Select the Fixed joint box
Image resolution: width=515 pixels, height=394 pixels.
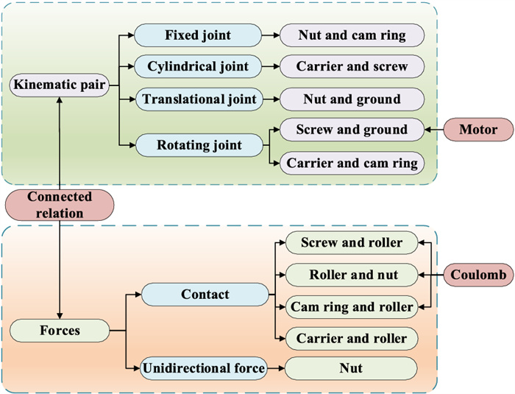coord(198,35)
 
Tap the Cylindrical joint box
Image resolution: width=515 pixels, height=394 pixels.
coord(198,66)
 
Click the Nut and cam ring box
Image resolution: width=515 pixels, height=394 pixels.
coord(351,35)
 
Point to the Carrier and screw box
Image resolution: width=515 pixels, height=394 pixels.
coord(351,66)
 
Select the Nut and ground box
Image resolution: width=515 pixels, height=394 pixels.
coord(351,99)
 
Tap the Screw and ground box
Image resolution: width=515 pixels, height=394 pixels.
coord(351,130)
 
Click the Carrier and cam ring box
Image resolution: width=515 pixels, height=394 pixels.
coord(351,162)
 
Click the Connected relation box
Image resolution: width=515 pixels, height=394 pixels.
coord(60,205)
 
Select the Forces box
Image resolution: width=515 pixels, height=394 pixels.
coord(60,331)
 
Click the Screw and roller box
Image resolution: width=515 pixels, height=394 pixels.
coord(350,242)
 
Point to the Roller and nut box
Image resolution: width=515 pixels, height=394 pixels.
coord(350,275)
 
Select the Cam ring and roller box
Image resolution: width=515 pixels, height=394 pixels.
coord(350,306)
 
